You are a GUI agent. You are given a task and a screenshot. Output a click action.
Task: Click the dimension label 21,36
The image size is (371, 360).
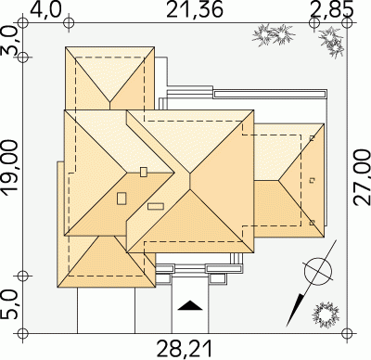(x=195, y=9)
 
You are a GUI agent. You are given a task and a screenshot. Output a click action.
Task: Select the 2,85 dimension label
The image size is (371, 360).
(x=332, y=9)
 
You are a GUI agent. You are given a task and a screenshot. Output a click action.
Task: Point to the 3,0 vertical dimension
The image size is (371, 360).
(x=10, y=41)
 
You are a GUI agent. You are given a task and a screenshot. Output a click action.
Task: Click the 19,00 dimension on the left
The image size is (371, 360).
(x=10, y=168)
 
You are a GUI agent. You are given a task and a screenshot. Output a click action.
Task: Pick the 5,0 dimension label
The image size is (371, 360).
(x=10, y=304)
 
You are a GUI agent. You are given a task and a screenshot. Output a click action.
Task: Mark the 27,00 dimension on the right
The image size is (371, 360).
(x=362, y=177)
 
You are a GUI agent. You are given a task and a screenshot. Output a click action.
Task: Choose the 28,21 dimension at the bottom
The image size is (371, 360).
(x=185, y=349)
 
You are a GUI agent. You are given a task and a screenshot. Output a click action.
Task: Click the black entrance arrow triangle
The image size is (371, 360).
(x=190, y=305)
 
